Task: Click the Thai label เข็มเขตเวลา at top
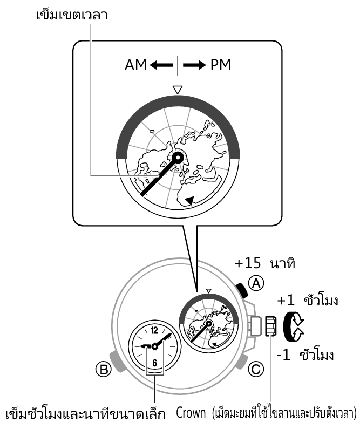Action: pyautogui.click(x=71, y=14)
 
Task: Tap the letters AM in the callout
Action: pyautogui.click(x=136, y=66)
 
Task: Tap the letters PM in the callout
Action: pyautogui.click(x=220, y=66)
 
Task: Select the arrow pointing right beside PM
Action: pyautogui.click(x=195, y=66)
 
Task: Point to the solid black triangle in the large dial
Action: pyautogui.click(x=189, y=201)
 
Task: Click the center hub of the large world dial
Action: pyautogui.click(x=178, y=157)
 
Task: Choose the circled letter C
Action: pyautogui.click(x=256, y=370)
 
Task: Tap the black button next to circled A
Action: pyautogui.click(x=243, y=291)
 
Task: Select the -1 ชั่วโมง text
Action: pyautogui.click(x=305, y=355)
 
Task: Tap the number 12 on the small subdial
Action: pyautogui.click(x=154, y=331)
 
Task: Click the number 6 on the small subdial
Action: pyautogui.click(x=154, y=362)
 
